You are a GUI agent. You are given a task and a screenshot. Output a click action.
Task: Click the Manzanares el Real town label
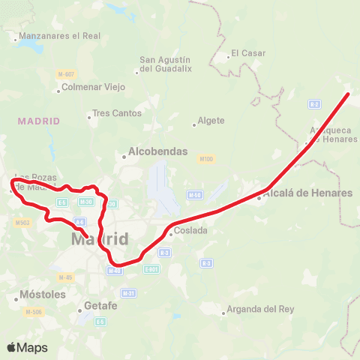[x=50, y=36]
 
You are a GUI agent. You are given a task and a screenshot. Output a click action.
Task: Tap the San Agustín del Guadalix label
[x=166, y=64]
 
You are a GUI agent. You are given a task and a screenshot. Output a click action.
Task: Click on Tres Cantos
[x=116, y=114]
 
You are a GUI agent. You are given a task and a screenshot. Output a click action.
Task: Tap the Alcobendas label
[x=157, y=151]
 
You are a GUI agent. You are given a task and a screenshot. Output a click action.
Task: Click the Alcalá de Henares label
[x=307, y=193]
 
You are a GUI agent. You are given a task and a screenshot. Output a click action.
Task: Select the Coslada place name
[x=190, y=231]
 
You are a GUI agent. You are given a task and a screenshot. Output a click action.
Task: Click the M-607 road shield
[x=66, y=73]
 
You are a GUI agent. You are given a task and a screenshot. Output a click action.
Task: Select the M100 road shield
[x=207, y=159]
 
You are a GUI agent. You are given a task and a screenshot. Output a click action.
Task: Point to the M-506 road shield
[x=33, y=311]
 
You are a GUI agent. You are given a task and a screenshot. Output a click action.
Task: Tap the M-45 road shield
[x=67, y=277]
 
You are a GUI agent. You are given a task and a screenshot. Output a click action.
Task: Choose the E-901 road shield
[x=151, y=269]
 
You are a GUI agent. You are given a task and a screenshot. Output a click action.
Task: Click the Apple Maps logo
[x=28, y=348]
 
